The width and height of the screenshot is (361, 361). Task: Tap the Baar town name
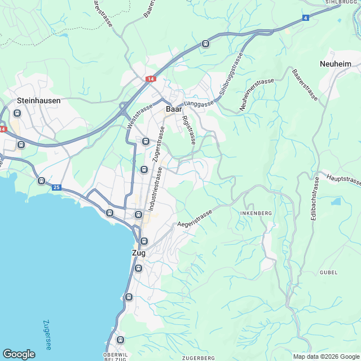(173, 109)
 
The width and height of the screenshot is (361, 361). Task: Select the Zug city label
(138, 253)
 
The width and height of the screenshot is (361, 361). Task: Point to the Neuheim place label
(335, 64)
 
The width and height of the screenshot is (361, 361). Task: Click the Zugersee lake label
(47, 335)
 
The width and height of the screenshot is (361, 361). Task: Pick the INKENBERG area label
(256, 213)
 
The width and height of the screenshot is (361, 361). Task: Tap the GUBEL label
(328, 272)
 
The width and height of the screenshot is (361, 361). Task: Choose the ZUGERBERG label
(199, 358)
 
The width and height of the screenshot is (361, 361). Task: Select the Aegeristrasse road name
(195, 219)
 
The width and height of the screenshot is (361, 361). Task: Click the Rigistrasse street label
(189, 130)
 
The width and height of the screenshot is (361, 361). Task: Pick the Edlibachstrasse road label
(314, 199)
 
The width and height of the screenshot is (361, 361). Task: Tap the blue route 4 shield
(305, 18)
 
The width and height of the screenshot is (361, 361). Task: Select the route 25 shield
(56, 187)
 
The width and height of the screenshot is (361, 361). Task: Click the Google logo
(19, 354)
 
